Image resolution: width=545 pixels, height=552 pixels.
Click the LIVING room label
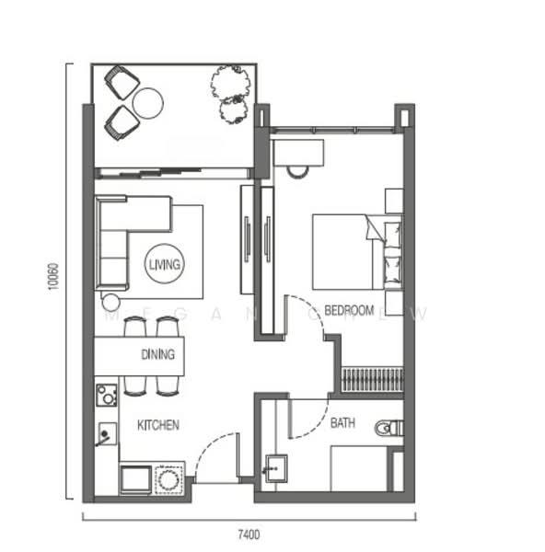tap(165, 264)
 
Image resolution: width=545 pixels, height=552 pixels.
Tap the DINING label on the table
tap(158, 354)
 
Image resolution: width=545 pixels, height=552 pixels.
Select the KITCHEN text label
tap(157, 425)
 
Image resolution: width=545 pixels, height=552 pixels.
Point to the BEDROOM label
tap(350, 310)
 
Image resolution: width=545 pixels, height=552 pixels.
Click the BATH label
tap(343, 424)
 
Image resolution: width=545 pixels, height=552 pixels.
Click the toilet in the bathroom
tap(389, 427)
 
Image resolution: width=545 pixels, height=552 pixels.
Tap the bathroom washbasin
tap(274, 468)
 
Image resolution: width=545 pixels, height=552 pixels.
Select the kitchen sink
tap(107, 433)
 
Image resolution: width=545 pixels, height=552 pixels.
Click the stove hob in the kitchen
tap(106, 397)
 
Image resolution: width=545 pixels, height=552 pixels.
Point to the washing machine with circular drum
tap(169, 479)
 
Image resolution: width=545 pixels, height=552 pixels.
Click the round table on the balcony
tap(147, 102)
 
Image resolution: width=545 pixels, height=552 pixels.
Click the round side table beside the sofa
tap(110, 301)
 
